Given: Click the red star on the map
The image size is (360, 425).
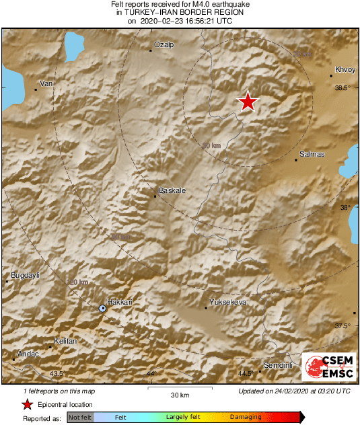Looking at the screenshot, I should click(248, 102).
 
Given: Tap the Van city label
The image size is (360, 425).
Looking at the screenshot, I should click(46, 83).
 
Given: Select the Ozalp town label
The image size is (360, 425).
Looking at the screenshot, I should click(164, 44).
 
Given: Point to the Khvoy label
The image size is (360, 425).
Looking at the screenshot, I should click(344, 70).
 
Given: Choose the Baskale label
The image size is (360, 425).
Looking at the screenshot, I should click(172, 191).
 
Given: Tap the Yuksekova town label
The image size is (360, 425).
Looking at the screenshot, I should click(228, 302).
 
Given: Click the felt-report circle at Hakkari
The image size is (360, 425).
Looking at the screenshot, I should click(102, 308).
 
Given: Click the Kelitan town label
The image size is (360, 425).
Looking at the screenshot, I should click(65, 342).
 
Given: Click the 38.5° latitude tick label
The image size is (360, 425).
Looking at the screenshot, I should click(343, 88).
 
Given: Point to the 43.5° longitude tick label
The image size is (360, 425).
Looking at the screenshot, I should click(57, 374).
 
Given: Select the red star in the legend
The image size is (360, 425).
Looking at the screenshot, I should click(28, 404).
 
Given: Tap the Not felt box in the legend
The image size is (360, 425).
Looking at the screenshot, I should click(80, 418).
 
